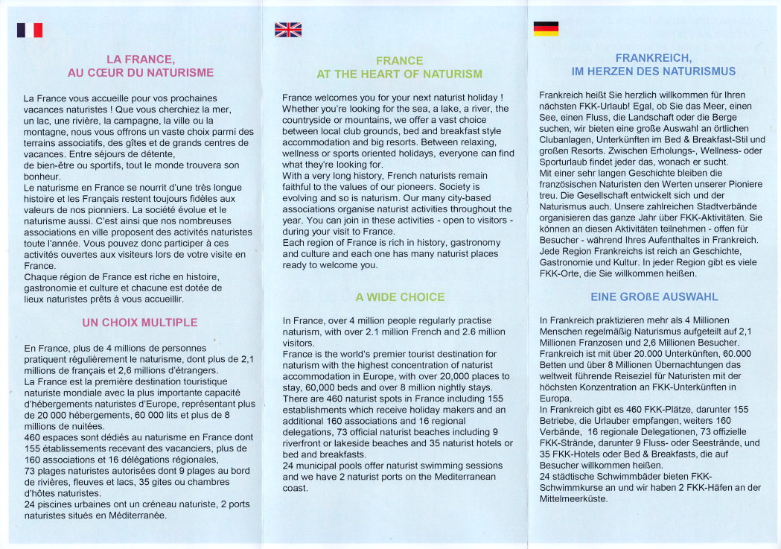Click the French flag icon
tap(30, 30)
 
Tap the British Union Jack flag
tap(288, 30)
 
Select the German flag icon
tap(546, 28)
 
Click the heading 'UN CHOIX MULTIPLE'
tap(140, 323)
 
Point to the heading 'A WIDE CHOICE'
tap(400, 297)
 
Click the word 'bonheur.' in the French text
tap(42, 177)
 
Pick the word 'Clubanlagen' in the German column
tap(565, 139)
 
